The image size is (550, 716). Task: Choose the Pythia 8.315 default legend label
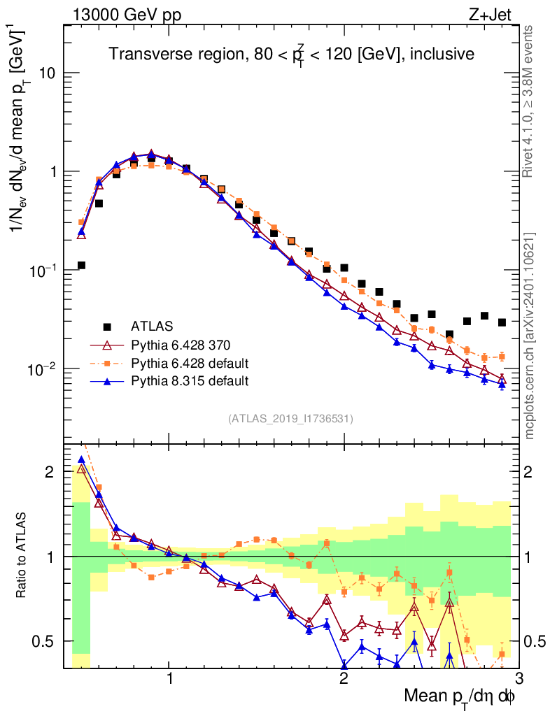[x=190, y=381]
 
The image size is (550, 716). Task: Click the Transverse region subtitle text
[x=291, y=55]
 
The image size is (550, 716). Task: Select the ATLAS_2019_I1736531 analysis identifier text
[x=290, y=419]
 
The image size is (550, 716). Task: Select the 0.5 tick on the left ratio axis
[x=44, y=641]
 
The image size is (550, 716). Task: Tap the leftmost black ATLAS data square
[x=81, y=265]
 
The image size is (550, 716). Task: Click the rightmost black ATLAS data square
[x=502, y=322]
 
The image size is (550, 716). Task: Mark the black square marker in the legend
[x=108, y=327]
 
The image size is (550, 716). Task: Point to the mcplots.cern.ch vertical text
[x=529, y=336]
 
